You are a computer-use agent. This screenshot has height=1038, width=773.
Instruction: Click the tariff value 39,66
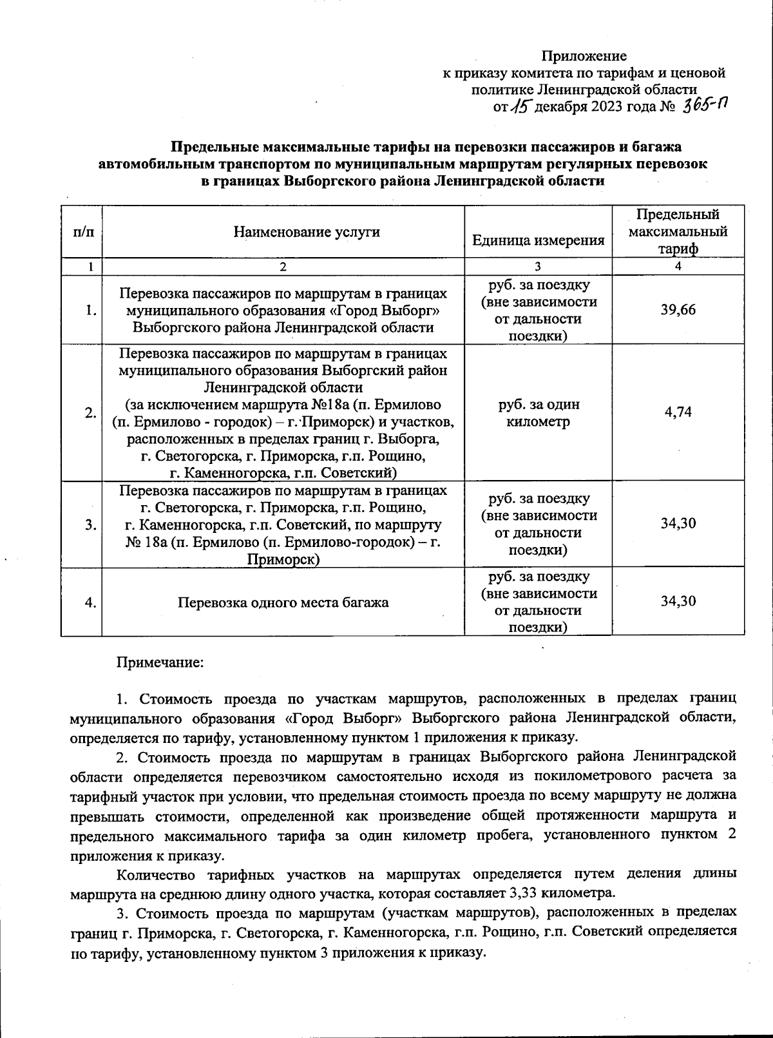pyautogui.click(x=678, y=310)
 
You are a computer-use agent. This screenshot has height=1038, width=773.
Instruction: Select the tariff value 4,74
pyautogui.click(x=678, y=412)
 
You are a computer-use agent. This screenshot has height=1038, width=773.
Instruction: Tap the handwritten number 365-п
pyautogui.click(x=705, y=106)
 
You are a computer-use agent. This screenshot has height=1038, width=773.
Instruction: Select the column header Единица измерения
pyautogui.click(x=538, y=240)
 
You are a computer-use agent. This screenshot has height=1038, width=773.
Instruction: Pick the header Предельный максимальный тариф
pyautogui.click(x=678, y=231)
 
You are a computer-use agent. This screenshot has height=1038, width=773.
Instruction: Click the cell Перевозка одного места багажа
pyautogui.click(x=283, y=602)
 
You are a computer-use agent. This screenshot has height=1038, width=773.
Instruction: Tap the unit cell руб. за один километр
pyautogui.click(x=538, y=413)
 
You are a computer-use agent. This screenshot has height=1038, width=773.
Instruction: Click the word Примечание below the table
pyautogui.click(x=159, y=662)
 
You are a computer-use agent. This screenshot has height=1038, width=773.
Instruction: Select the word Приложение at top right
pyautogui.click(x=584, y=56)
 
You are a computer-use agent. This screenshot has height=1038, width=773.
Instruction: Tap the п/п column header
pyautogui.click(x=83, y=232)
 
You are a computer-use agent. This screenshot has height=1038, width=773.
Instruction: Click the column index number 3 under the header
pyautogui.click(x=538, y=267)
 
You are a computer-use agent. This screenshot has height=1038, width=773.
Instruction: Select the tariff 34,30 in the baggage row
pyautogui.click(x=678, y=602)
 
